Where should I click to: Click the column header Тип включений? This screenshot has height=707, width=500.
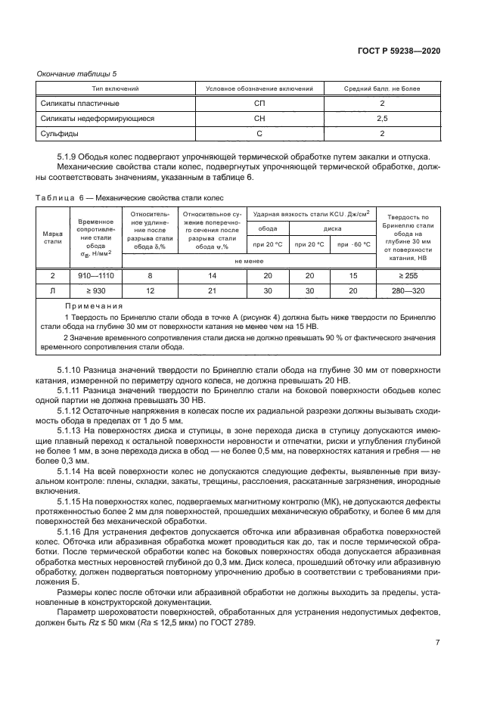coord(109,88)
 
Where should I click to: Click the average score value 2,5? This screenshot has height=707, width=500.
coord(382,118)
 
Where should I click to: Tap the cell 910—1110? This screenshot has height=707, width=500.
coord(95,277)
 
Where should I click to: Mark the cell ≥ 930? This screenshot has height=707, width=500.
coord(95,291)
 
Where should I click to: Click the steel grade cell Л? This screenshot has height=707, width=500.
coord(52,291)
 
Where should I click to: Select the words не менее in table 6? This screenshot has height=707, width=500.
coord(248,259)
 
